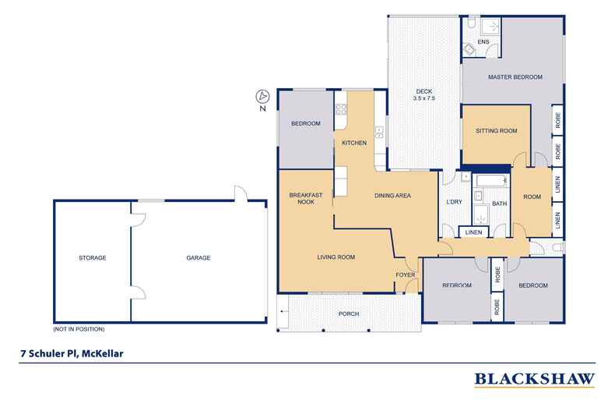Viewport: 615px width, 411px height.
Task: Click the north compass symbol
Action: click(263, 97)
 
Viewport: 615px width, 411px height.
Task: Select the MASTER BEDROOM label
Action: click(515, 76)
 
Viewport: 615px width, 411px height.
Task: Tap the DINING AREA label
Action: click(392, 195)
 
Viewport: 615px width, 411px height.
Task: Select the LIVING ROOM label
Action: click(336, 257)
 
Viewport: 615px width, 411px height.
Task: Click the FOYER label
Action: click(406, 275)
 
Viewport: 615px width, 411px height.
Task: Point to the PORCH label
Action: click(348, 314)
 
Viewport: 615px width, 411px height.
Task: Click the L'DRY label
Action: click(454, 204)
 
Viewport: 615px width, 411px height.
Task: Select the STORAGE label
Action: click(92, 257)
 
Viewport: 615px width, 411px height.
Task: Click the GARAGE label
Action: click(198, 257)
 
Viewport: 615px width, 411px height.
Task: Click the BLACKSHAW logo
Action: click(534, 380)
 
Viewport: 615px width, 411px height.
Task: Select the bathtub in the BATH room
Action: click(490, 183)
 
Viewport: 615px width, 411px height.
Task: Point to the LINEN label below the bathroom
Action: click(473, 232)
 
